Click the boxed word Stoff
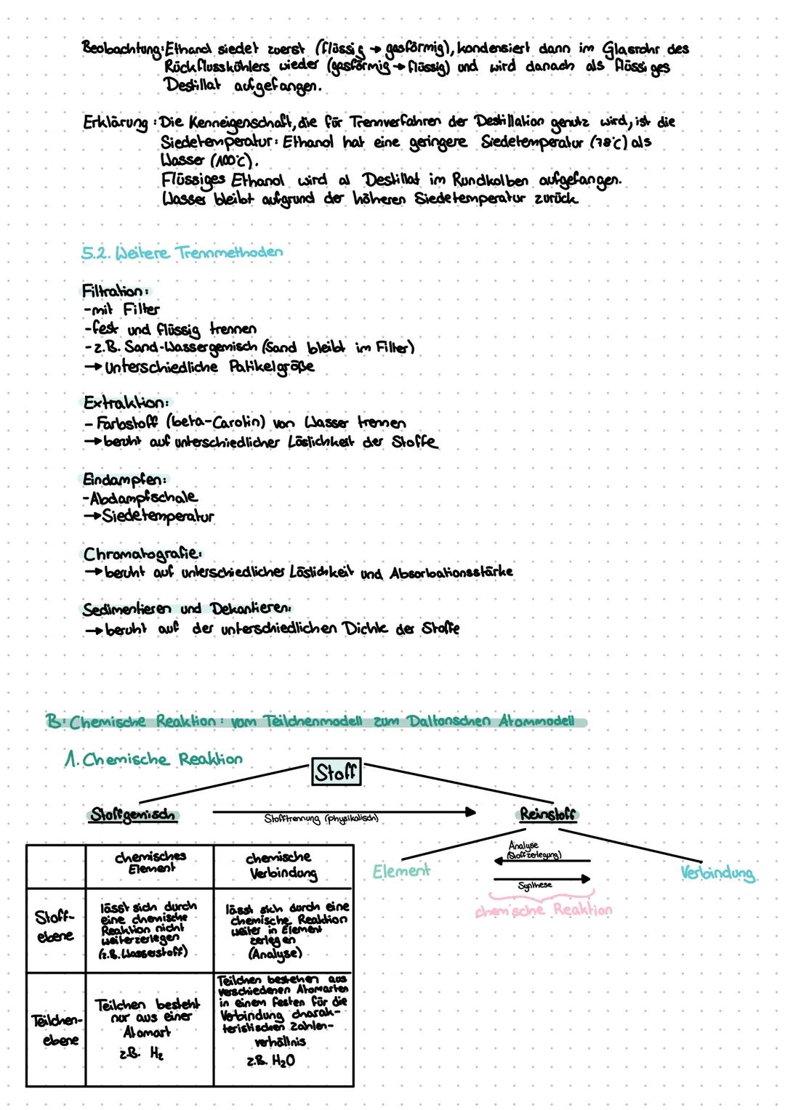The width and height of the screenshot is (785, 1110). click(x=336, y=772)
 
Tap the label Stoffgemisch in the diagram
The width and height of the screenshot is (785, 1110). click(x=134, y=814)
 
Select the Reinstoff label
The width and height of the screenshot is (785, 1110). click(x=547, y=814)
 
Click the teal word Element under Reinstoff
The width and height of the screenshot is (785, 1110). click(x=400, y=870)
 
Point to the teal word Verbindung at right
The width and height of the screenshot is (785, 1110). click(x=718, y=873)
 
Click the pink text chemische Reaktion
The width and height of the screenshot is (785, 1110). click(x=542, y=910)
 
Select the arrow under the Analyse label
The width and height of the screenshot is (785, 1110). click(x=542, y=861)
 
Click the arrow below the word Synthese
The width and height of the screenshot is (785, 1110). click(x=542, y=878)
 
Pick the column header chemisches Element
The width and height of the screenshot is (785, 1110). click(x=150, y=862)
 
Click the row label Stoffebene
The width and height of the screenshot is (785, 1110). click(x=55, y=927)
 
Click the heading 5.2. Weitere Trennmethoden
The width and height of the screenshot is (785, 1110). click(x=182, y=253)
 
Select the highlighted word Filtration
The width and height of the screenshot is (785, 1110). click(x=111, y=291)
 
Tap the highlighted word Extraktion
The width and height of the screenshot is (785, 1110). click(x=126, y=402)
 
